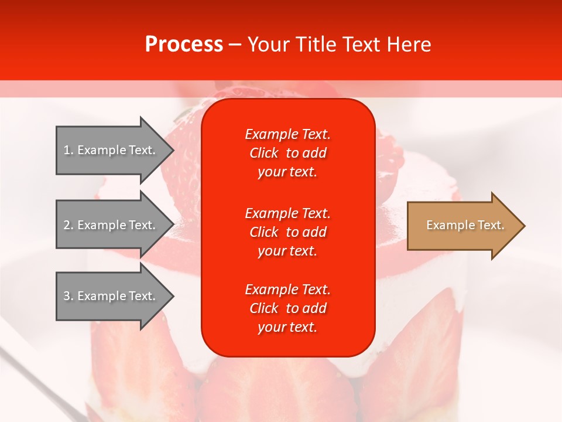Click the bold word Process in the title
184,45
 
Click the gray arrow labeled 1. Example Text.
111,150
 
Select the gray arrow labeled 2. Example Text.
111,225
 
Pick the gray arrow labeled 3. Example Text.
111,296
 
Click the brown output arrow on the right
462,226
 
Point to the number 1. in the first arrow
68,151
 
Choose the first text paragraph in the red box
287,153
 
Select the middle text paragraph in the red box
287,232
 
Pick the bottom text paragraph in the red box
287,308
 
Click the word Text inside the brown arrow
491,226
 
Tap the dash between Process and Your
235,45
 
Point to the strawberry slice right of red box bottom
410,352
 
